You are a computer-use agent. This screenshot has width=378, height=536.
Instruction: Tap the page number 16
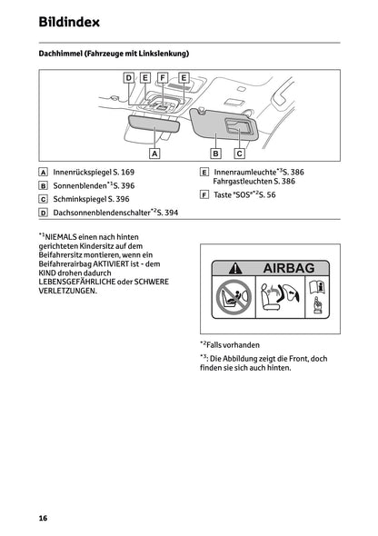click(43, 517)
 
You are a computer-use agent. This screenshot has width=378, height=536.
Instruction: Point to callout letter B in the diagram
click(216, 154)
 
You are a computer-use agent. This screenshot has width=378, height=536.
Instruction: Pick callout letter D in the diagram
click(129, 79)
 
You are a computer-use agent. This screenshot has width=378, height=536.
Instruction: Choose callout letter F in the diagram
click(163, 79)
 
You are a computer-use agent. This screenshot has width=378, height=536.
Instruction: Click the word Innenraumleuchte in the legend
click(244, 172)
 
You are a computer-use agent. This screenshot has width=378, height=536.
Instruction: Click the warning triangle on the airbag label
click(235, 268)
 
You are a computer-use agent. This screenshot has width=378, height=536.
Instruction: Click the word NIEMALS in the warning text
click(63, 236)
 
